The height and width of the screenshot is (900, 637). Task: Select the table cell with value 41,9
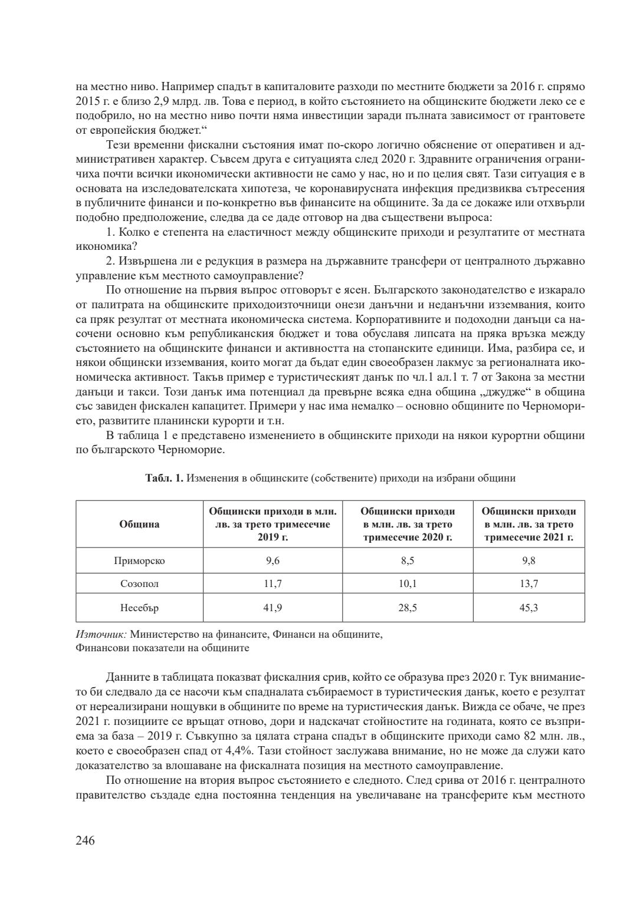[x=272, y=608]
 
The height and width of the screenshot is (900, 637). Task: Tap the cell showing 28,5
[x=408, y=608]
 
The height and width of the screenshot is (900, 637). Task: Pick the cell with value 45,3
[x=528, y=608]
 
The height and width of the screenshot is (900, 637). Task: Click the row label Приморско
[x=139, y=561]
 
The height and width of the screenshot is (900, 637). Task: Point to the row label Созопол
[x=139, y=584]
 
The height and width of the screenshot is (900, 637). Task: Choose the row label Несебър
[x=139, y=608]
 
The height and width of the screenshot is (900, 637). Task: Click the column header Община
[x=139, y=525]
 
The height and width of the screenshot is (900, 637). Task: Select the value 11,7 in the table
[x=272, y=584]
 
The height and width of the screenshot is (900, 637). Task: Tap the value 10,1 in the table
[x=408, y=584]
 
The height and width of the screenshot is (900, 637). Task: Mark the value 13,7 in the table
[x=528, y=584]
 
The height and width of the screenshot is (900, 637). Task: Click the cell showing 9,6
[x=272, y=561]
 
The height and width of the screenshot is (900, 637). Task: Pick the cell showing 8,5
[x=408, y=561]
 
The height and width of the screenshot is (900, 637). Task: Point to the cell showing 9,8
[x=528, y=561]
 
